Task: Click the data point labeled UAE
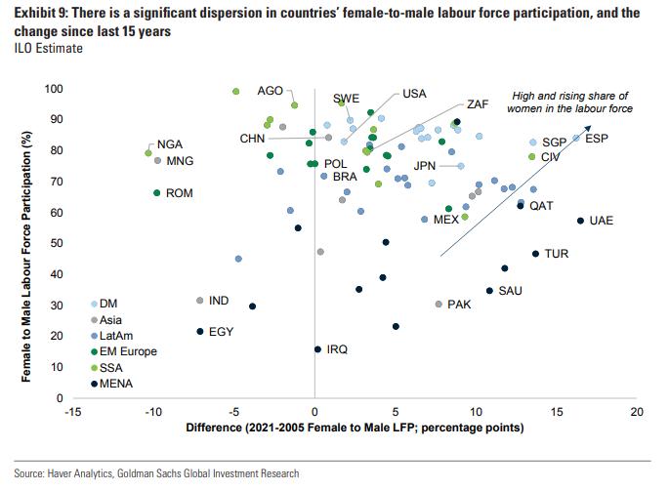coord(581,221)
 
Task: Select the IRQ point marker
coord(317,348)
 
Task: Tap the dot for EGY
coord(200,332)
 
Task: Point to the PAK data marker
coord(439,305)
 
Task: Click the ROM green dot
coord(156,193)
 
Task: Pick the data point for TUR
coord(535,254)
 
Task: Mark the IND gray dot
coord(200,301)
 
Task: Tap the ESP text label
coord(597,139)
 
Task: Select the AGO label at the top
coord(270,90)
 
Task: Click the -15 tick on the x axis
coord(72,413)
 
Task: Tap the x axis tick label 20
coord(637,413)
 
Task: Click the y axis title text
coord(26,243)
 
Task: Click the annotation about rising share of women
coord(572,102)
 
